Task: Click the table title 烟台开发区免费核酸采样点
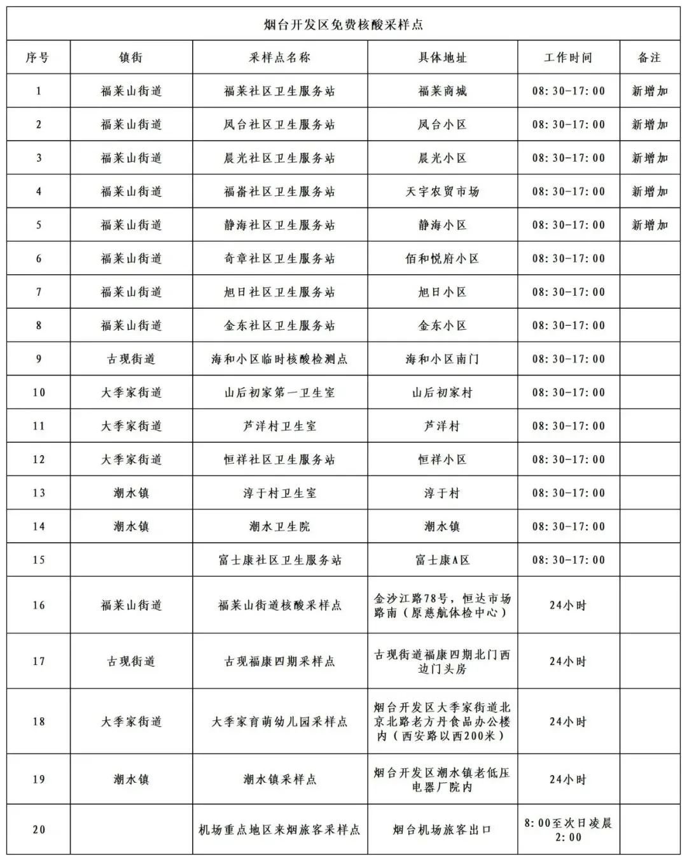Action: click(x=343, y=25)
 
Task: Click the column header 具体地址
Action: click(x=442, y=58)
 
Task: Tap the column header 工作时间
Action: click(x=568, y=58)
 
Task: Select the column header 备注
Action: click(x=649, y=58)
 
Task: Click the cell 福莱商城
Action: click(x=442, y=91)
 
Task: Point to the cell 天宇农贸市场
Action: click(x=442, y=192)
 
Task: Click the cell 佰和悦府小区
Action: click(x=442, y=258)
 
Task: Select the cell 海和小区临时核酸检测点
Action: click(x=280, y=359)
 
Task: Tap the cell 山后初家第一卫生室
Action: click(x=280, y=393)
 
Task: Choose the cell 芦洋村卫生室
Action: click(x=280, y=426)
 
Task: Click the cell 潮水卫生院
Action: click(x=280, y=526)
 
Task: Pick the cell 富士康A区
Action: click(x=442, y=560)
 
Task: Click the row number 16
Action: click(x=39, y=605)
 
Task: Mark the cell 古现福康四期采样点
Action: click(x=280, y=661)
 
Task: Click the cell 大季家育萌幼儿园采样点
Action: click(x=280, y=722)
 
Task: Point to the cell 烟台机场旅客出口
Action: click(x=442, y=830)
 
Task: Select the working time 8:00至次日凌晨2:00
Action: click(x=568, y=830)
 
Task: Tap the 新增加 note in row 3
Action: click(x=649, y=158)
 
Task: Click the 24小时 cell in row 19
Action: click(x=568, y=780)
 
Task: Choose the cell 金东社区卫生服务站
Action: click(x=280, y=325)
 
